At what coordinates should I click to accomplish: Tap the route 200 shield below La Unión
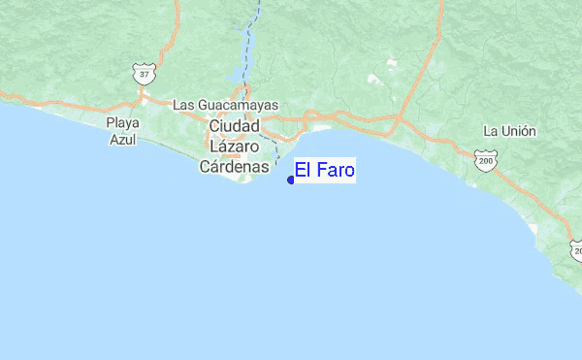(485, 158)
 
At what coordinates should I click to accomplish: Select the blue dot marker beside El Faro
(291, 180)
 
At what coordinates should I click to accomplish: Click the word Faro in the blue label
(334, 172)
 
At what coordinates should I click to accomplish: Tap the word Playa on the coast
(123, 123)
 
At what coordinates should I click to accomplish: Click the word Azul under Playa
(123, 139)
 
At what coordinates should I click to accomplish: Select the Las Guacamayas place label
(225, 105)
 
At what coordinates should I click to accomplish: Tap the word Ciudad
(235, 126)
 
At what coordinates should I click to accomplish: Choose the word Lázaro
(234, 146)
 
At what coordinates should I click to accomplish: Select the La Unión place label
(509, 131)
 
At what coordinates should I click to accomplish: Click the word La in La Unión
(491, 131)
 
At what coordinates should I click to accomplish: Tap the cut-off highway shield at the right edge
(576, 250)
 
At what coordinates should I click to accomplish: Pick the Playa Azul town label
(123, 131)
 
